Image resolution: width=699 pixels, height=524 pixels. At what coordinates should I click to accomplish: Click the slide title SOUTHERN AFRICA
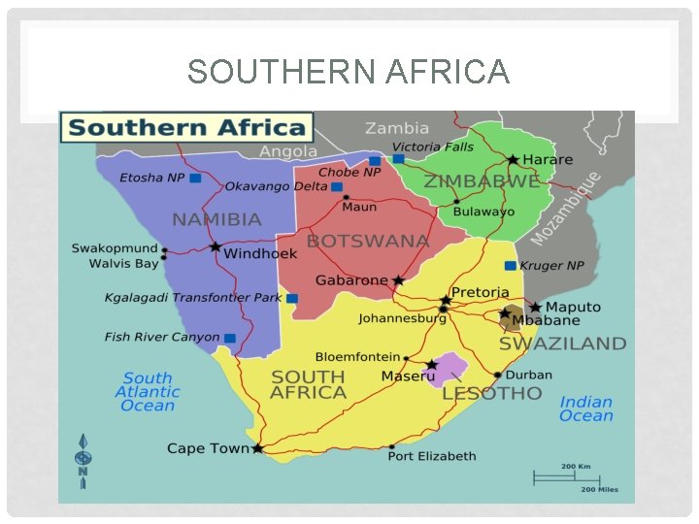click(349, 72)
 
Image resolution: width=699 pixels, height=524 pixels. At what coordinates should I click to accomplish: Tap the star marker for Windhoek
click(215, 247)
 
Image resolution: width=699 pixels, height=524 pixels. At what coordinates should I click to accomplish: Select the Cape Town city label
click(208, 448)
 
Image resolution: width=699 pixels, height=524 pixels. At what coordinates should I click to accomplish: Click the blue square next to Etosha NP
click(195, 179)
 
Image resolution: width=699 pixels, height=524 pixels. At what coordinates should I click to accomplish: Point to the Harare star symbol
click(513, 159)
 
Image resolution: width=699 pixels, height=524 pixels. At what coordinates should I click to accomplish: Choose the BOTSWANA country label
click(367, 241)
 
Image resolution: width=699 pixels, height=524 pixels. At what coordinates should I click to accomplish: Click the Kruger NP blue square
click(510, 265)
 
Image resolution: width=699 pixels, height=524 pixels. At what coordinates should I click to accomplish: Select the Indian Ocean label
click(586, 409)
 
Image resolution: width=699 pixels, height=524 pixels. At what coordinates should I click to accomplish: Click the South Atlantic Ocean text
click(148, 392)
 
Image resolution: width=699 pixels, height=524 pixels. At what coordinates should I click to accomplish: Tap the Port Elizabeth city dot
click(391, 447)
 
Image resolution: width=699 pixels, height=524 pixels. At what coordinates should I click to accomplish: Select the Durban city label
click(528, 375)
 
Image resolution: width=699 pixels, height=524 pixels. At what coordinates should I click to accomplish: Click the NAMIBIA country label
click(216, 219)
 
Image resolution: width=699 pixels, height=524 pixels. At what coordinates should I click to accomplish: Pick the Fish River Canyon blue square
click(230, 338)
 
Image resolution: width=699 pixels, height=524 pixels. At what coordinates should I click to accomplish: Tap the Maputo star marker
click(535, 307)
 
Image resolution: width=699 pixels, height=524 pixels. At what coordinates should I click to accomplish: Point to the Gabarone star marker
click(398, 280)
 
